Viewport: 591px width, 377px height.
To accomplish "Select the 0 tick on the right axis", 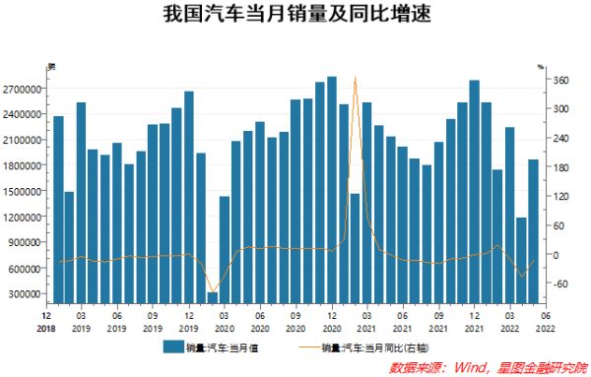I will (x=557, y=255).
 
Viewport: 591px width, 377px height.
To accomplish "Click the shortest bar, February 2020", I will (x=212, y=297).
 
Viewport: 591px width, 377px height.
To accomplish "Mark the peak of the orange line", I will (x=355, y=77).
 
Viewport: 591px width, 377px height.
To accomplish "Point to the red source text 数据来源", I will (x=415, y=366).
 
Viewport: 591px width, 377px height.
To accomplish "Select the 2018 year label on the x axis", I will (x=46, y=328).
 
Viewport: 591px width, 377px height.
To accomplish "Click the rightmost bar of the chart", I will (x=533, y=230).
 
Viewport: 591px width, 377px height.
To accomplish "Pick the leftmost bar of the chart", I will (x=58, y=209).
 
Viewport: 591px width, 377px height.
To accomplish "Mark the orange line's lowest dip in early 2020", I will (x=212, y=291).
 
